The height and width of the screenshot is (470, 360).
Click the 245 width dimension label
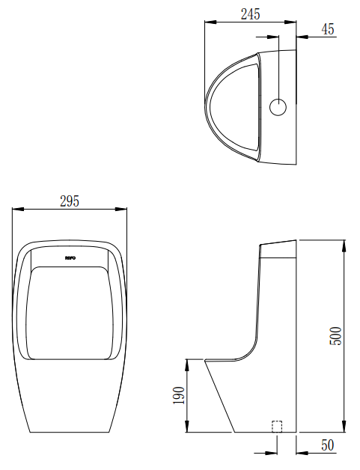tap(251, 13)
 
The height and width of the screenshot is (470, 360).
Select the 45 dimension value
tap(328, 29)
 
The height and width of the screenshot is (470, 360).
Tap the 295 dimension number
tap(69, 201)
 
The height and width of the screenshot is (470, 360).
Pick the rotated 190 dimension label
tap(178, 395)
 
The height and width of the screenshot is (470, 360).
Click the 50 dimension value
tap(327, 446)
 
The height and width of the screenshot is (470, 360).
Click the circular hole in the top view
tap(278, 107)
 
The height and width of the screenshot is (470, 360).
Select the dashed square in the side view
tap(276, 427)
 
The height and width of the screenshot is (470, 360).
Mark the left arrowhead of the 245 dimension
tap(209, 22)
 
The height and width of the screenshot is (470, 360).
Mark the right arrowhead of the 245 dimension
tap(293, 22)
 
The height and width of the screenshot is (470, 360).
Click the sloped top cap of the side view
tap(278, 248)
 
